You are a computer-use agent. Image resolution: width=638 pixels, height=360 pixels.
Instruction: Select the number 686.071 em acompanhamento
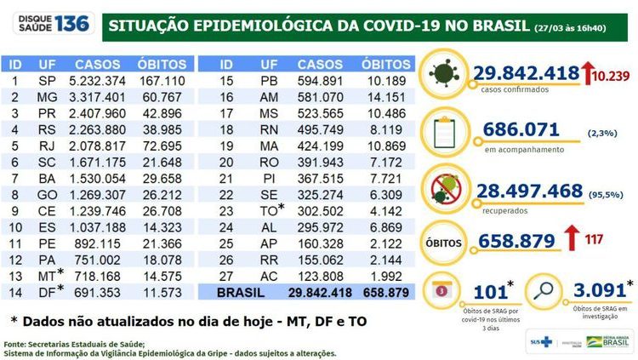click(x=521, y=130)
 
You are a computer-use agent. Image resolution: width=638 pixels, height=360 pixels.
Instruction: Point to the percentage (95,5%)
click(x=607, y=194)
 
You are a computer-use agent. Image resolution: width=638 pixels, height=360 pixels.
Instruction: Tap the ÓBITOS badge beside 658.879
click(x=446, y=241)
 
